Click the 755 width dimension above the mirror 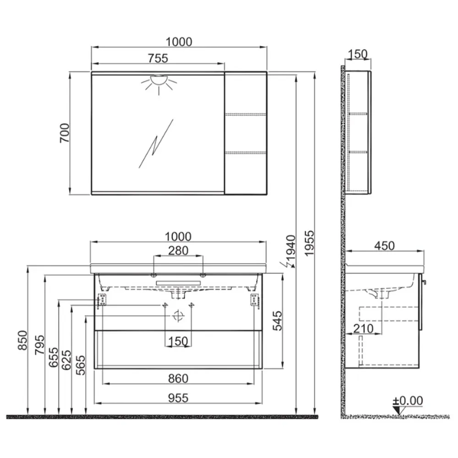pyautogui.click(x=158, y=58)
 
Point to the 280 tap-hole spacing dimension pyautogui.click(x=178, y=251)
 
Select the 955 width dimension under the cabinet pyautogui.click(x=178, y=398)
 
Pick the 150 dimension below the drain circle pyautogui.click(x=178, y=341)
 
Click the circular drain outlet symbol pyautogui.click(x=178, y=316)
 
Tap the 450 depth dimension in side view pyautogui.click(x=384, y=246)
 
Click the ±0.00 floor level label pyautogui.click(x=408, y=401)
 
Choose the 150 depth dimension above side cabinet pyautogui.click(x=358, y=54)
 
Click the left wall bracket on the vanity pyautogui.click(x=102, y=300)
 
